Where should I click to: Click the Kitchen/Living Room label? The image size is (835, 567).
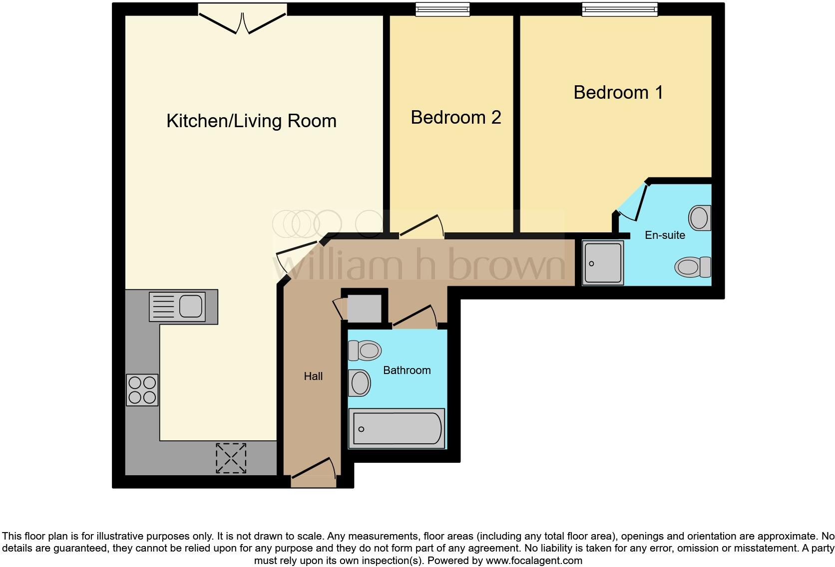[251, 121]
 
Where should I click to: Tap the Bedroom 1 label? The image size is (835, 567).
[618, 93]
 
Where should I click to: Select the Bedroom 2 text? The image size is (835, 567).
[455, 118]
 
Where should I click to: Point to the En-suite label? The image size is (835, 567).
[665, 235]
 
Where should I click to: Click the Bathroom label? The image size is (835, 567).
[407, 371]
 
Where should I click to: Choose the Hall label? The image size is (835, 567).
[313, 377]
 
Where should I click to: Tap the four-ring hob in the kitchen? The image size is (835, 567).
[142, 390]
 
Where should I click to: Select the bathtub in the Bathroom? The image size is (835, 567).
[397, 428]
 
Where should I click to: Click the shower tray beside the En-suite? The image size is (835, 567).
[603, 263]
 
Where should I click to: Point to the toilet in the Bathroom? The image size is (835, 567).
[365, 351]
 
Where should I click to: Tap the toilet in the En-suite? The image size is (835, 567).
[693, 267]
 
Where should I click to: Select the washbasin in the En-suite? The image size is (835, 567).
[700, 218]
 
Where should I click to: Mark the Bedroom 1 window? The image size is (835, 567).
[619, 9]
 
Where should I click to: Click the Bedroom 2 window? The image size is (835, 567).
[442, 9]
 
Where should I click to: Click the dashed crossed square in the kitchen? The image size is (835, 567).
[231, 458]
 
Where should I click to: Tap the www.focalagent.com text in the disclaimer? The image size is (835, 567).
[533, 561]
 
